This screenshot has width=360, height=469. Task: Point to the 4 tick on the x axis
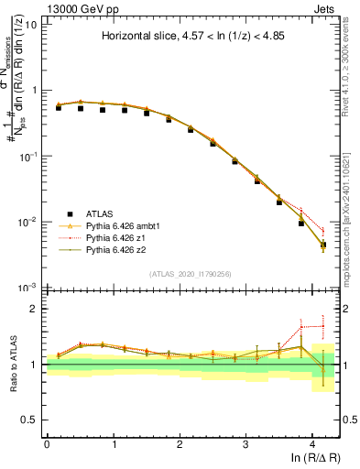point(312,442)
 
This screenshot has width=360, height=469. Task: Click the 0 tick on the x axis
point(47,442)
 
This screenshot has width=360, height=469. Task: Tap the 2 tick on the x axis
point(180,442)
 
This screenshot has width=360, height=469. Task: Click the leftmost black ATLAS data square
point(59,107)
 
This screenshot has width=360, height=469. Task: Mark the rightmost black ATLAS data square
point(322,245)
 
